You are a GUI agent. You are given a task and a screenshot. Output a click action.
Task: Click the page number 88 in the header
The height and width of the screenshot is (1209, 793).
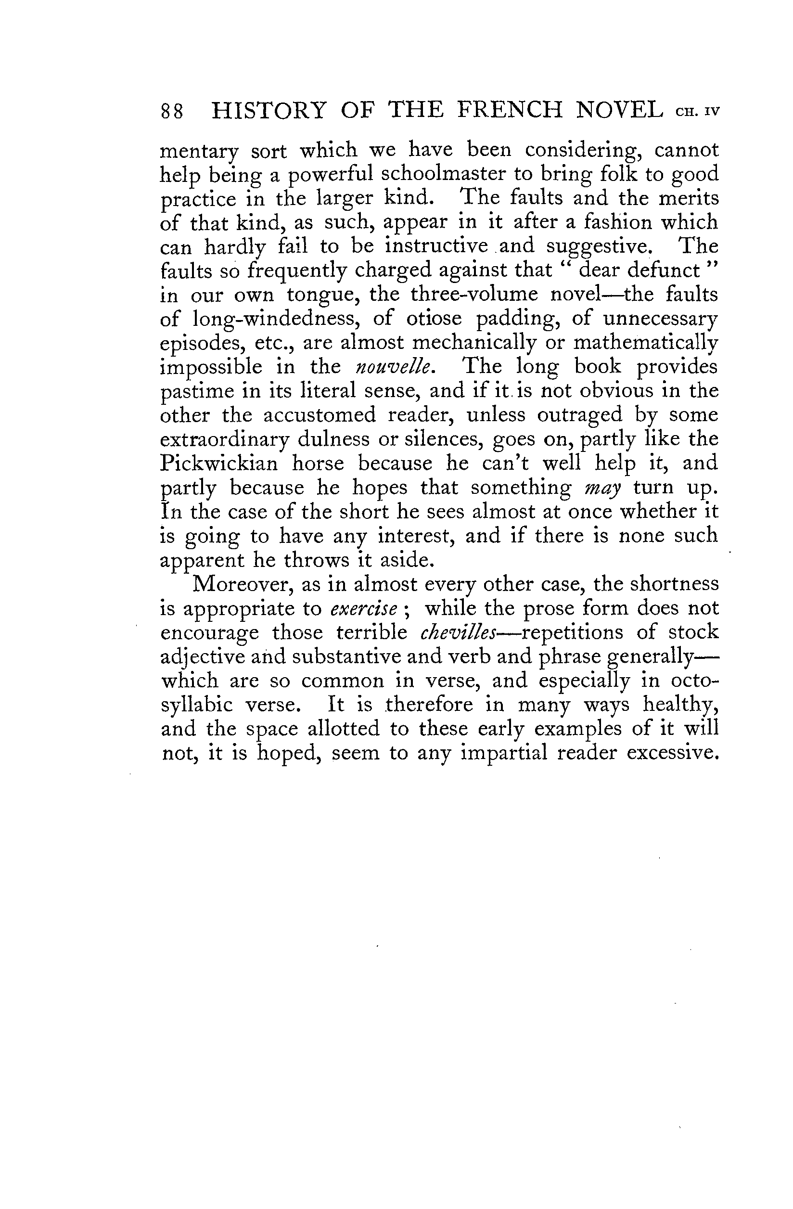[x=172, y=111]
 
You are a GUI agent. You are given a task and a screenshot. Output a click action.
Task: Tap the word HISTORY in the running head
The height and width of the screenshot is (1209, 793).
[x=268, y=110]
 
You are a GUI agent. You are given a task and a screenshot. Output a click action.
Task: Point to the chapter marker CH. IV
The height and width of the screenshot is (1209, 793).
[x=698, y=112]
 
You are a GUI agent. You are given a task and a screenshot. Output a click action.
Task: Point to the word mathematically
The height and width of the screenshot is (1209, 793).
[x=645, y=343]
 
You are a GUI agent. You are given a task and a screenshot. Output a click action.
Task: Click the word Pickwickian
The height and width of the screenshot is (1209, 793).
[x=219, y=463]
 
